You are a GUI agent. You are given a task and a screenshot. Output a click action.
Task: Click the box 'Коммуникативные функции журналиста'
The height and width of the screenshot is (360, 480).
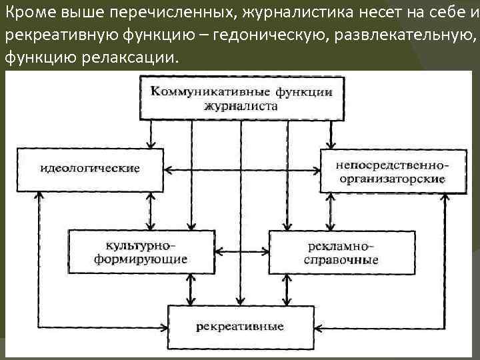241,97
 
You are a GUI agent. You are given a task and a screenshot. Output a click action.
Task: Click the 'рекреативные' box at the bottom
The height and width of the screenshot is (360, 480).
240,327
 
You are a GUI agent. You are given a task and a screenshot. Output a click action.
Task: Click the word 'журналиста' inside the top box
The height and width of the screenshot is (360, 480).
241,106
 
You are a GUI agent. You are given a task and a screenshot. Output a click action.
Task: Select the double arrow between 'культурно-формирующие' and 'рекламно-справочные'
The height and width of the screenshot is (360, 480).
241,251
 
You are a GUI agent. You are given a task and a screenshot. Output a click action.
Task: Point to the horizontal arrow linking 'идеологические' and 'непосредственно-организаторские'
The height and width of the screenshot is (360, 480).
241,170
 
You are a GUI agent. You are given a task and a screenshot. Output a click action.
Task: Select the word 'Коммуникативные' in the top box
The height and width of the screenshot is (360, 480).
201,91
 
